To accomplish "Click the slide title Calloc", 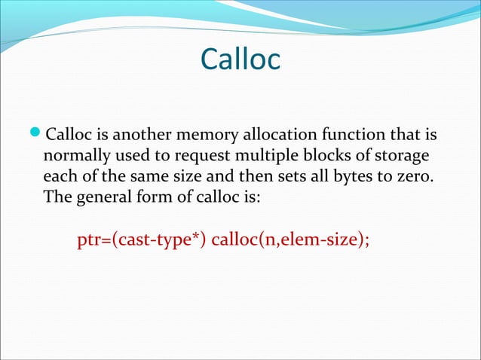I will [240, 60].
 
